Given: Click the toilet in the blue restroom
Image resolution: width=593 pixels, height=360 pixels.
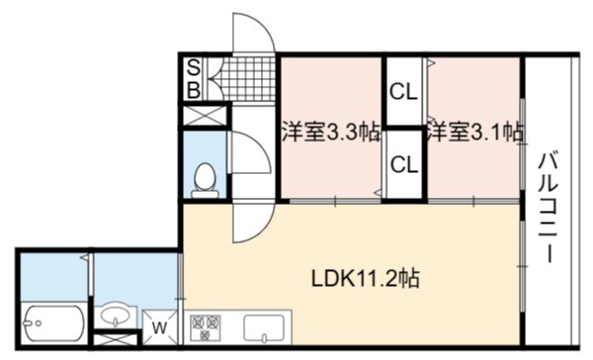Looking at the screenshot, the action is pyautogui.click(x=205, y=181).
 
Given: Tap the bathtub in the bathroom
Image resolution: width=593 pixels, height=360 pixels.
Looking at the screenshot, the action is pyautogui.click(x=53, y=323).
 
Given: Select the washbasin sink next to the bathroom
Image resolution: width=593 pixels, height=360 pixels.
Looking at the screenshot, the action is pyautogui.click(x=116, y=315).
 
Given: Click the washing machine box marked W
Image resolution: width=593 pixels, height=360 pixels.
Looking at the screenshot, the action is pyautogui.click(x=160, y=327).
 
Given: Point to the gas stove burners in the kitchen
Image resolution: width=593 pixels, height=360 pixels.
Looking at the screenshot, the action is pyautogui.click(x=206, y=327).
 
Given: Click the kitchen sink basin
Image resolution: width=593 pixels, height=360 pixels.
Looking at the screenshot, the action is pyautogui.click(x=264, y=327).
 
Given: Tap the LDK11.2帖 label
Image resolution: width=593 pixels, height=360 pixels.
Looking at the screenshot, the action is pyautogui.click(x=365, y=279).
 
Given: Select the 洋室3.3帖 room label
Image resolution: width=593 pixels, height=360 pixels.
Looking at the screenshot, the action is pyautogui.click(x=331, y=132).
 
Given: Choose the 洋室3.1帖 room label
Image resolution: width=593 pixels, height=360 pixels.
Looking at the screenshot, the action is pyautogui.click(x=475, y=133).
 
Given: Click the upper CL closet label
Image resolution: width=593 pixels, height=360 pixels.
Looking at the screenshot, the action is pyautogui.click(x=403, y=92).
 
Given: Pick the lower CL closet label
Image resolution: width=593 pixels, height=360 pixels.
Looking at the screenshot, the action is pyautogui.click(x=404, y=164).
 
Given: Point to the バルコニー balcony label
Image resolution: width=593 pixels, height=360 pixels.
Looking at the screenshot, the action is pyautogui.click(x=548, y=207).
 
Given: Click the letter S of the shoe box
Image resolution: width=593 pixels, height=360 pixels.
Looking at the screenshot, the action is pyautogui.click(x=194, y=68).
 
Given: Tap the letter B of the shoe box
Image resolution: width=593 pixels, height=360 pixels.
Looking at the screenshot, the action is pyautogui.click(x=194, y=90).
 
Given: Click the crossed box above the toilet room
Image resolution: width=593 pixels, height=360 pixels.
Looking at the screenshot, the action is pyautogui.click(x=205, y=116).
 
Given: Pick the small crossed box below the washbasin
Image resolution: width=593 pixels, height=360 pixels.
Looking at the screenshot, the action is pyautogui.click(x=115, y=339).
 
